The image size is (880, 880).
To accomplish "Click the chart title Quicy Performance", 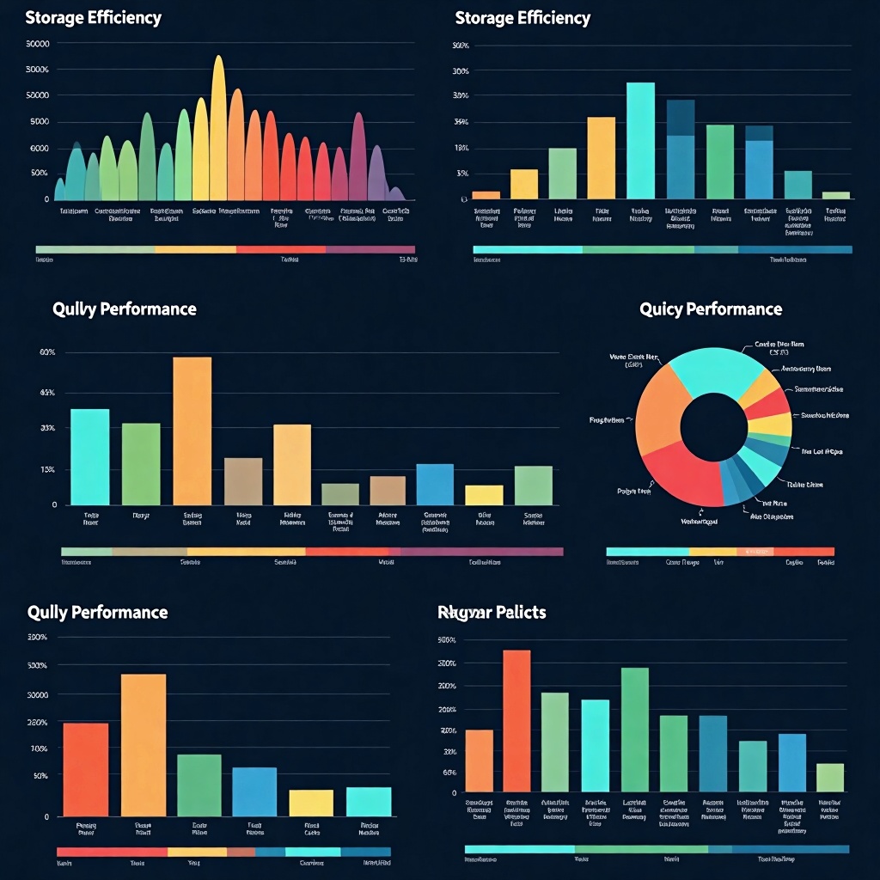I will click(x=711, y=309).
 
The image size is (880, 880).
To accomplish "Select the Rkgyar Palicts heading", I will click(x=492, y=612).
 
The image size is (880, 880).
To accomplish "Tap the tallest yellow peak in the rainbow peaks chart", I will click(x=218, y=129).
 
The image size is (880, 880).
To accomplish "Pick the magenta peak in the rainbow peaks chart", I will click(x=358, y=159).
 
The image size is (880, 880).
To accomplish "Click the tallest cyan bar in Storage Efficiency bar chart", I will click(x=640, y=141).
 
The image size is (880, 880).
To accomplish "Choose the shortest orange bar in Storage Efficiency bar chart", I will click(x=486, y=195).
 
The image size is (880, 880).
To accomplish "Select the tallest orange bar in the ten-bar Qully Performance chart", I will click(x=192, y=430).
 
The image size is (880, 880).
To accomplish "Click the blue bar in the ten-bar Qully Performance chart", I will click(x=434, y=484).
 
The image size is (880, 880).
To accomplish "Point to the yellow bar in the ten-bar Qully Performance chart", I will click(x=484, y=494).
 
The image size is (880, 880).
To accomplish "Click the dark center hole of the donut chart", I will click(x=713, y=428).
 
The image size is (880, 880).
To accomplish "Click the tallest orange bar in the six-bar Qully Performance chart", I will click(x=144, y=744).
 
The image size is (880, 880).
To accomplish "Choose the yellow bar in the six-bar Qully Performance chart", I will click(x=311, y=803).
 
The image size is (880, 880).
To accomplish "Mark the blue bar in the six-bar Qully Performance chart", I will click(x=254, y=791).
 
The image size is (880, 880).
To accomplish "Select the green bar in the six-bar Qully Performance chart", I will click(x=199, y=785).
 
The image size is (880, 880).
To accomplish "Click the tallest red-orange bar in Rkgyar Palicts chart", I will click(x=516, y=720).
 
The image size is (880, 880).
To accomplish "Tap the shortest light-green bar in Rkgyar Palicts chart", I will click(x=829, y=777).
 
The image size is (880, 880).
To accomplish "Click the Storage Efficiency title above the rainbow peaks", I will click(x=94, y=18).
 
